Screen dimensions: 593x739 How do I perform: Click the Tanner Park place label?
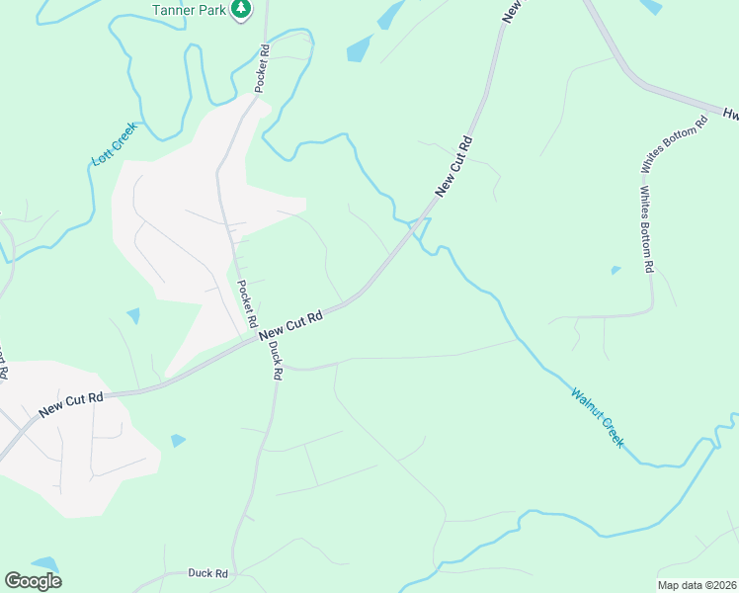pos(192,9)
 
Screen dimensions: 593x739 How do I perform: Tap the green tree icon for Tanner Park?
pos(241,9)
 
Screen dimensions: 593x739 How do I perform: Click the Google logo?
pos(33,581)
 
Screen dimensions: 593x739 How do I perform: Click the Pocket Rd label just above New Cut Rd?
pos(245,303)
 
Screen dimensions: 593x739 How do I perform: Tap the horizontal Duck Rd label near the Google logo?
pos(208,573)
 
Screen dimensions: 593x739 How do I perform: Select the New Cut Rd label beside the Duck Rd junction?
pos(292,326)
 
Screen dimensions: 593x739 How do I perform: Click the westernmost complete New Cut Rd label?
pos(71,403)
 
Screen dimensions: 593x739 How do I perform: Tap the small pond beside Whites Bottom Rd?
pos(616,270)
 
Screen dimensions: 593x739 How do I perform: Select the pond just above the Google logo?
pos(44,563)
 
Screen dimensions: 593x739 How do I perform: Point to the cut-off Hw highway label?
pos(729,114)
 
